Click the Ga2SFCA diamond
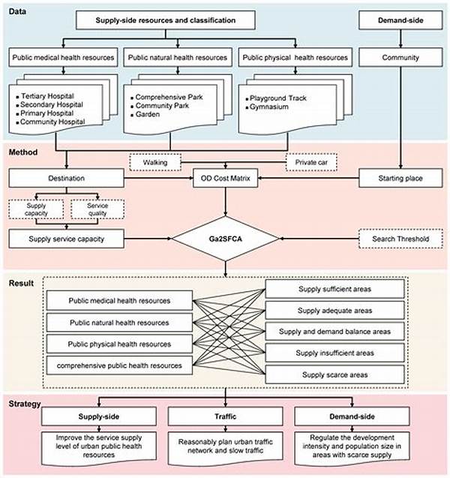point(225,239)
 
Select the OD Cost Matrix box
point(224,178)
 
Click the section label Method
point(24,152)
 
